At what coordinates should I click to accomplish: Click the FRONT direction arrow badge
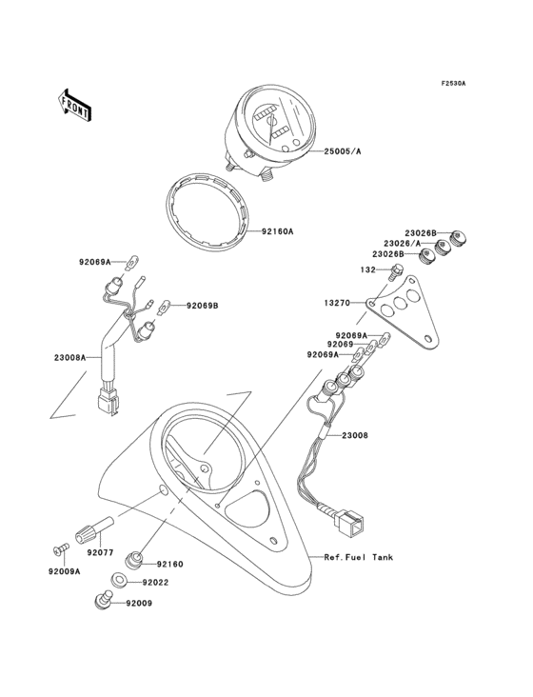75,106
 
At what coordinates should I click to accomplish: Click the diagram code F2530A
453,84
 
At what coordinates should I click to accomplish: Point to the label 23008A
70,357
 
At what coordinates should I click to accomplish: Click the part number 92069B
202,306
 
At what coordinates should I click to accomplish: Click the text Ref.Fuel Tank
358,557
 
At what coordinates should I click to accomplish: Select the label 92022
158,582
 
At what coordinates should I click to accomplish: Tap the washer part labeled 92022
119,579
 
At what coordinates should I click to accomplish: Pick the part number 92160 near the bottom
169,564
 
